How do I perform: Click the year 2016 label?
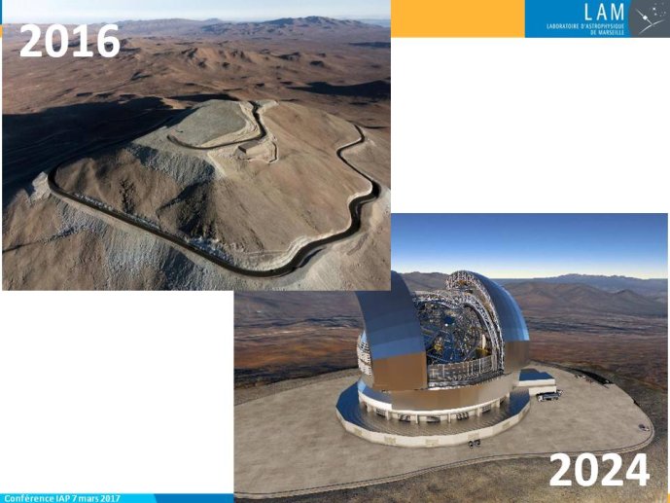click(70, 41)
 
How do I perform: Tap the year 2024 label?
click(599, 470)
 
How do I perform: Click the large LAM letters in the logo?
click(604, 12)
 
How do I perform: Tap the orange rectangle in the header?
click(458, 18)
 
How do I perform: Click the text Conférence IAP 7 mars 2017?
click(62, 498)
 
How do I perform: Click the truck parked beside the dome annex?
click(549, 396)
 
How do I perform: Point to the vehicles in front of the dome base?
click(475, 444)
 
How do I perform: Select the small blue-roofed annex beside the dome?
click(537, 381)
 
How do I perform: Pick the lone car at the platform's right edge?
click(644, 427)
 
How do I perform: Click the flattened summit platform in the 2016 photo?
click(209, 124)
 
